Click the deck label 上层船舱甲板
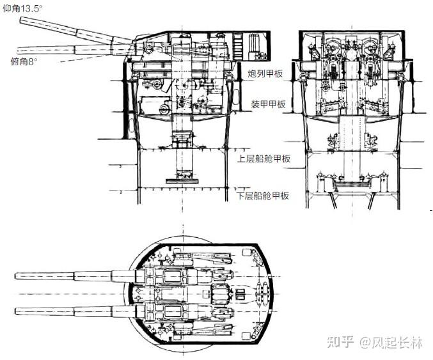(264, 159)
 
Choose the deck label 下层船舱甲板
(264, 196)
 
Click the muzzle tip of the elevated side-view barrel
(22, 22)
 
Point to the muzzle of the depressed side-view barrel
(18, 49)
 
